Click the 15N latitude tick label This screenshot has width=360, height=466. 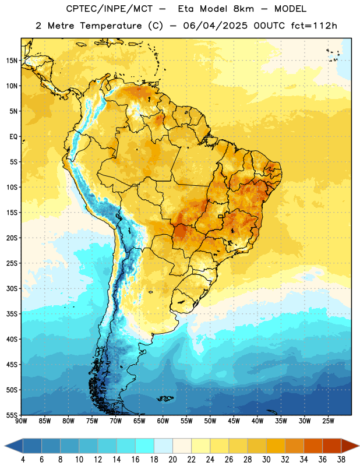pyautogui.click(x=12, y=61)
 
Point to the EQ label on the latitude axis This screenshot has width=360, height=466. pyautogui.click(x=13, y=137)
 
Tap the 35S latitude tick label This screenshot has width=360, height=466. pyautogui.click(x=12, y=314)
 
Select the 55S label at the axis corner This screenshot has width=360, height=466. pyautogui.click(x=12, y=415)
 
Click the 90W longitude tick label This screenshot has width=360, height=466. pyautogui.click(x=21, y=421)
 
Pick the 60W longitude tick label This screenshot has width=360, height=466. pyautogui.click(x=163, y=421)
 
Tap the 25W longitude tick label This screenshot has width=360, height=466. pyautogui.click(x=328, y=421)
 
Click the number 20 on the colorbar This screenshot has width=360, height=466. pyautogui.click(x=172, y=460)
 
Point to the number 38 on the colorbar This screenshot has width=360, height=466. pyautogui.click(x=341, y=460)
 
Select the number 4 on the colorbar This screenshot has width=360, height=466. pyautogui.click(x=23, y=460)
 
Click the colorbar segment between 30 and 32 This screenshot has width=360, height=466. pyautogui.click(x=276, y=446)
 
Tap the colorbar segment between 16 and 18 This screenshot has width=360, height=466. pyautogui.click(x=145, y=446)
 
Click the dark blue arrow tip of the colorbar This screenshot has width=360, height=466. pyautogui.click(x=5, y=446)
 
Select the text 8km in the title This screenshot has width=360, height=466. pyautogui.click(x=243, y=9)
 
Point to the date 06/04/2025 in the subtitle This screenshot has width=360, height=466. pyautogui.click(x=215, y=26)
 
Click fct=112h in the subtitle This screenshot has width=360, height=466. pyautogui.click(x=314, y=26)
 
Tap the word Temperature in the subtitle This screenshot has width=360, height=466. pyautogui.click(x=111, y=26)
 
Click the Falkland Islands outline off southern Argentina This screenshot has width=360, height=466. pyautogui.click(x=165, y=398)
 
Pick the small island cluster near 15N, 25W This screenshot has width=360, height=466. pyautogui.click(x=333, y=55)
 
